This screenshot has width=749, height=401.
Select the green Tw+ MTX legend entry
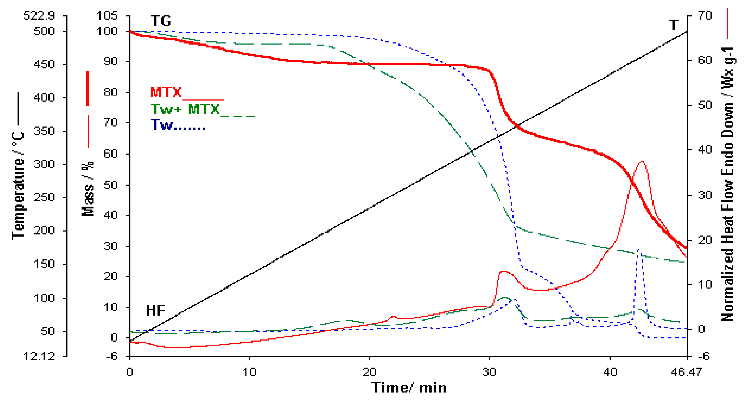pyautogui.click(x=185, y=110)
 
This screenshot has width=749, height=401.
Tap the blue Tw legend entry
pyautogui.click(x=162, y=125)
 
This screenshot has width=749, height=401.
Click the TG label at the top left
pyautogui.click(x=161, y=21)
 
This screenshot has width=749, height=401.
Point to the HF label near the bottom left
pyautogui.click(x=156, y=311)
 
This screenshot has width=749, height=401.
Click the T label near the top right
pyautogui.click(x=674, y=25)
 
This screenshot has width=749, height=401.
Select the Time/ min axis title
pyautogui.click(x=408, y=388)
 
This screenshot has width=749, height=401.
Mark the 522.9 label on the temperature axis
pyautogui.click(x=39, y=15)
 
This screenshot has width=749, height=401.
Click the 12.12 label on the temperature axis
pyautogui.click(x=39, y=356)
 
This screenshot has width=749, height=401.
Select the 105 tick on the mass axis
pyautogui.click(x=107, y=15)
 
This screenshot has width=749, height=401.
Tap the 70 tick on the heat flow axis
pyautogui.click(x=705, y=15)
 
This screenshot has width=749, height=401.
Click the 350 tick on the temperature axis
pyautogui.click(x=44, y=131)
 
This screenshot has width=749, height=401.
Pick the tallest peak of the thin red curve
pyautogui.click(x=642, y=162)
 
